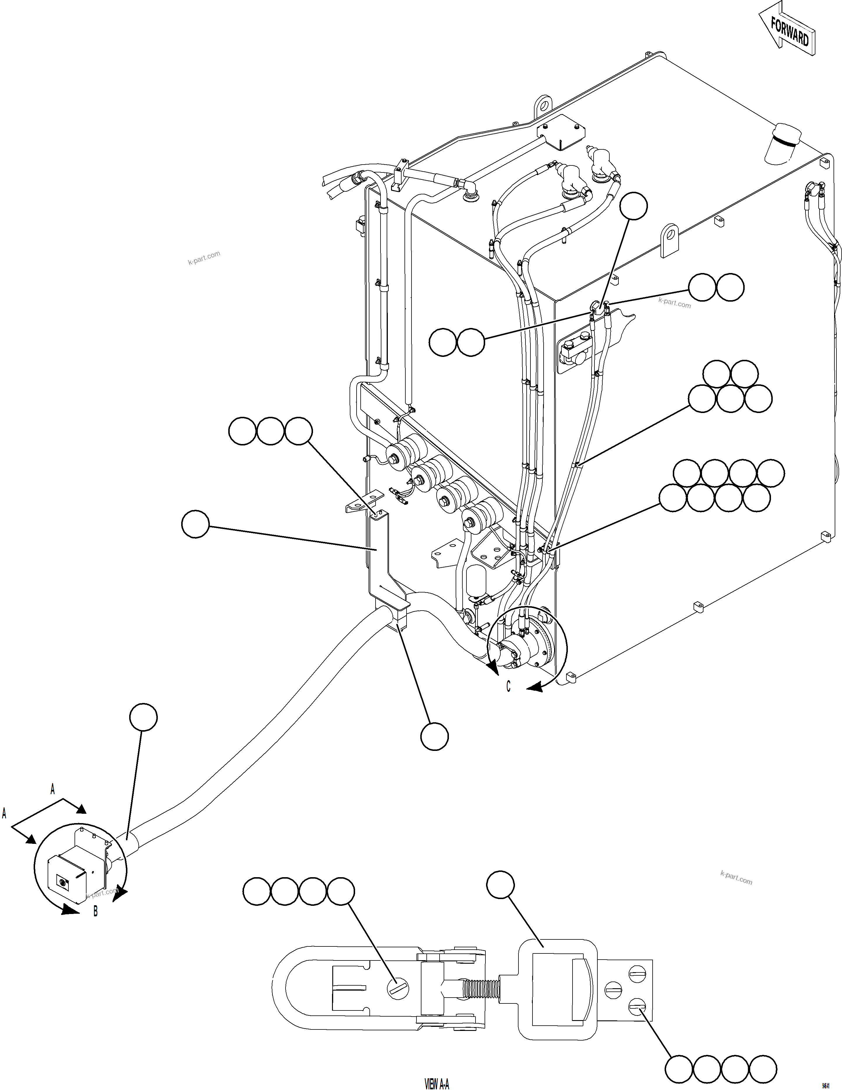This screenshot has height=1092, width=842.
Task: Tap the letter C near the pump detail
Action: coord(509,687)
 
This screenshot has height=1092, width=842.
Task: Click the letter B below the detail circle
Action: coord(96,911)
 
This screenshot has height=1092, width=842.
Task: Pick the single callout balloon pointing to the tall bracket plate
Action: coord(195,524)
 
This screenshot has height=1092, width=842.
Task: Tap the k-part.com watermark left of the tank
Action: coord(204,258)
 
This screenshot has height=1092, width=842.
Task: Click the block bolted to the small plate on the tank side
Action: coord(575,352)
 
